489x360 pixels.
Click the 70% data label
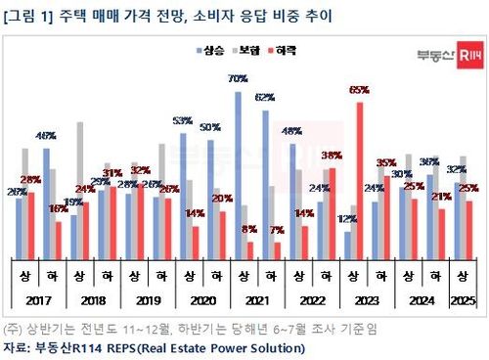pos(236,77)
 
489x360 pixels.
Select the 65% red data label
pos(359,90)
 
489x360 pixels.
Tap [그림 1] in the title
pos(30,14)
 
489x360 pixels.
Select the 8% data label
pos(249,229)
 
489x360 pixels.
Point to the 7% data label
pos(277,231)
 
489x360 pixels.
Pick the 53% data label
pos(182,121)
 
